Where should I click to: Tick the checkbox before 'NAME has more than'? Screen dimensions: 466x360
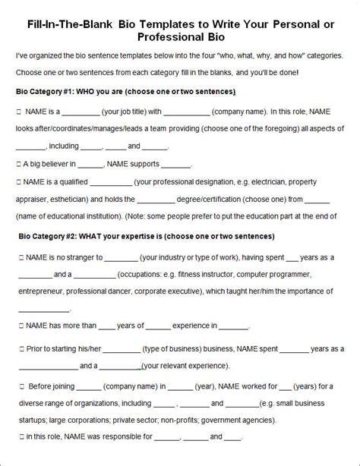(18, 327)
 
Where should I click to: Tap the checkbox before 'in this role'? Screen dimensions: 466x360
(18, 436)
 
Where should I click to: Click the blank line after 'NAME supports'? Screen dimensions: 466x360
(176, 165)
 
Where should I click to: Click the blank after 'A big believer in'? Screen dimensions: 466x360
(90, 165)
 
